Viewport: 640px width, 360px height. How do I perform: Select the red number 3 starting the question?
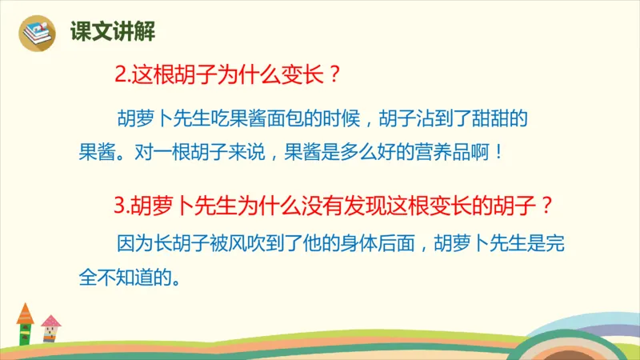[121, 206]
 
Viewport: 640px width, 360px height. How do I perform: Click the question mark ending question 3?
[546, 206]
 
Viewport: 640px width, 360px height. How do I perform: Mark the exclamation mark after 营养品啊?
[502, 152]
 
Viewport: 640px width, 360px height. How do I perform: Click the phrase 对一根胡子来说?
[204, 152]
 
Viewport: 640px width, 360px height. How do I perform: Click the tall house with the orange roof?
[26, 325]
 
